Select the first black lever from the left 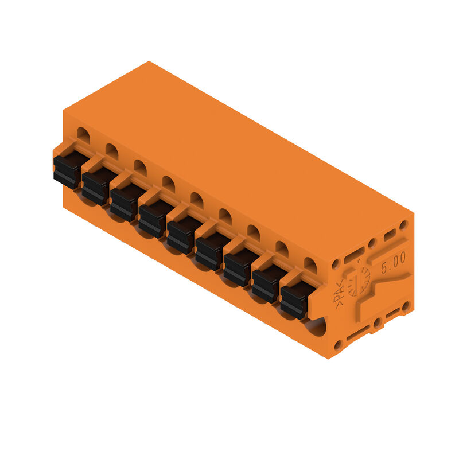click(69, 169)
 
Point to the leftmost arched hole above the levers click(83, 136)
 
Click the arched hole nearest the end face click(310, 264)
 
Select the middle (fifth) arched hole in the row click(196, 200)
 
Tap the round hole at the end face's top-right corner click(403, 225)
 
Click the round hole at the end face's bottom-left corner click(338, 345)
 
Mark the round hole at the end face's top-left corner click(336, 264)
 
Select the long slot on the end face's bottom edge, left click(358, 333)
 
